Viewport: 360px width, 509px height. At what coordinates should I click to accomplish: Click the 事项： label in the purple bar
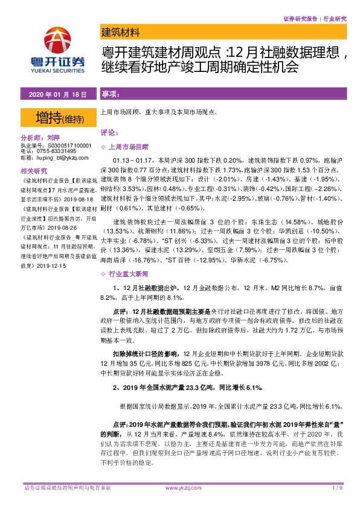[110, 95]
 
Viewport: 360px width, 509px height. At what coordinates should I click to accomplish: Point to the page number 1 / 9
[337, 487]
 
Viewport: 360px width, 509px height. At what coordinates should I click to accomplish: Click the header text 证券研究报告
[300, 19]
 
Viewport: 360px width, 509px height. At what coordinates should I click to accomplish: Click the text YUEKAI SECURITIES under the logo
[57, 68]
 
